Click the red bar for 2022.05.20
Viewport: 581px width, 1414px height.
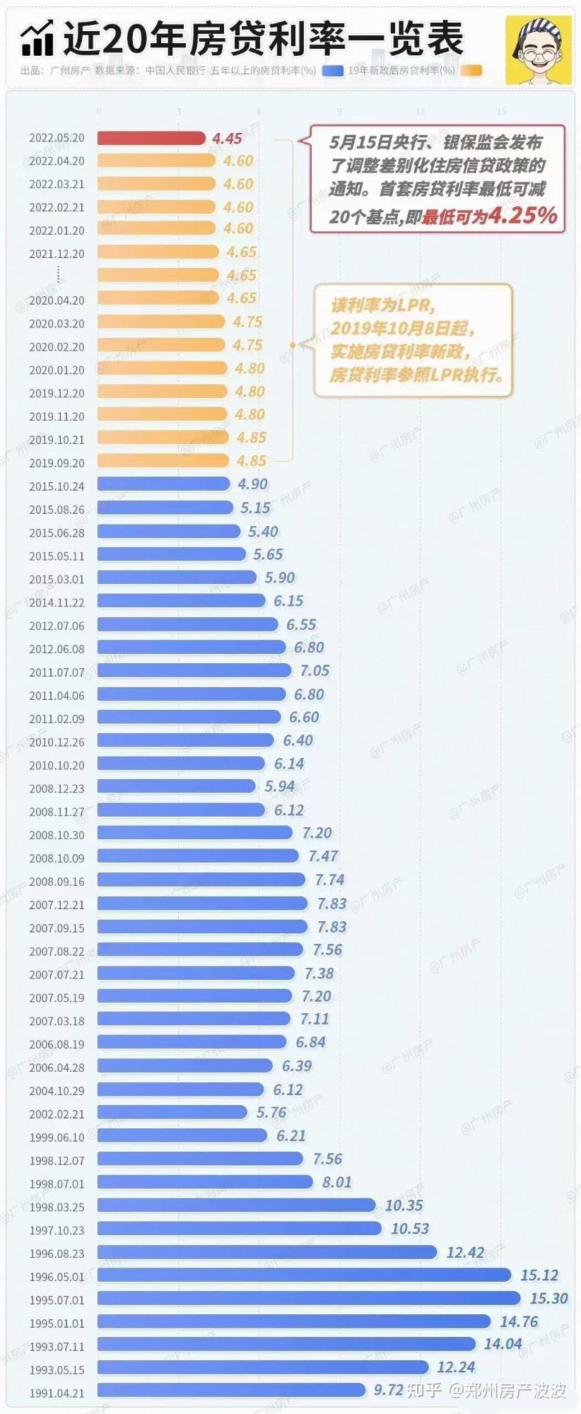[x=151, y=138]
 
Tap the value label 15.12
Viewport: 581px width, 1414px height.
[x=539, y=1275]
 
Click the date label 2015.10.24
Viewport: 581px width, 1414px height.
[x=57, y=486]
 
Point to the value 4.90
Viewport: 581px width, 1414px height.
[x=252, y=484]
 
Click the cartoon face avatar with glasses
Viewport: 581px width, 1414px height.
[x=538, y=49]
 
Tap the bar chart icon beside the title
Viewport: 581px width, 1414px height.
[x=37, y=39]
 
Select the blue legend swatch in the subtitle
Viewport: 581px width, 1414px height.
[x=332, y=71]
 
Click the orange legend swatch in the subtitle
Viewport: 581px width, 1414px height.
[x=471, y=71]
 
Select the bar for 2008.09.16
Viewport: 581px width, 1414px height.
[x=201, y=880]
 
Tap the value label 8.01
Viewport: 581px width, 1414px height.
[x=336, y=1182]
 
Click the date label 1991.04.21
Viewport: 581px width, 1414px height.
[x=57, y=1393]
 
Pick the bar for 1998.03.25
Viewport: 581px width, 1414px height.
[x=236, y=1205]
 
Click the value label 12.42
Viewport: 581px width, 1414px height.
[x=464, y=1252]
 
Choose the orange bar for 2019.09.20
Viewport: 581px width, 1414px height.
[x=163, y=461]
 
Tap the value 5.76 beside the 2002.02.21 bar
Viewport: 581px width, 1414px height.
[x=271, y=1113]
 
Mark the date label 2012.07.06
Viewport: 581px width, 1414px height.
[x=57, y=626]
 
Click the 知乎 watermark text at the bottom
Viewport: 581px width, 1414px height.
[x=425, y=1390]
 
